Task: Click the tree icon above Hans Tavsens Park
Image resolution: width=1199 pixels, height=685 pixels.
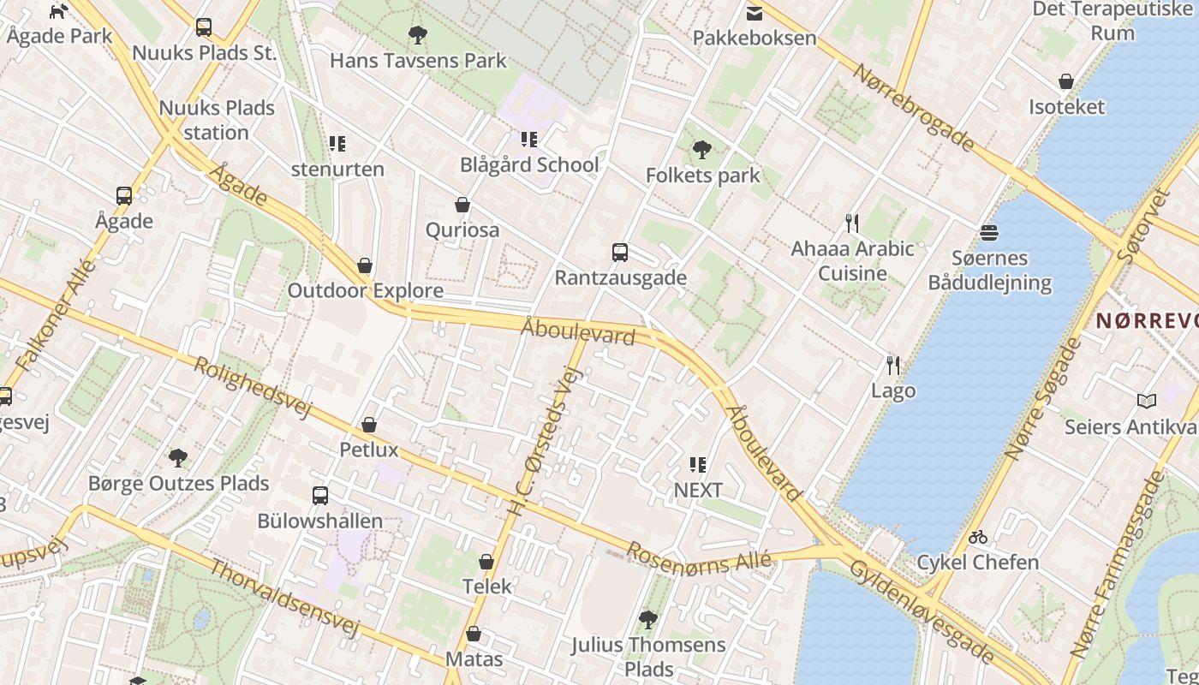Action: click(418, 35)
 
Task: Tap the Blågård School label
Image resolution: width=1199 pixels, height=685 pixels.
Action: click(529, 164)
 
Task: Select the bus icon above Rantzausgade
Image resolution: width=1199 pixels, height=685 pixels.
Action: click(620, 253)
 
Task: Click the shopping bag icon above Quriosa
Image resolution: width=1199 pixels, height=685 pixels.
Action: click(462, 205)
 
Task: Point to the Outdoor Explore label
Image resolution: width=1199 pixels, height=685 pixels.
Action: click(365, 290)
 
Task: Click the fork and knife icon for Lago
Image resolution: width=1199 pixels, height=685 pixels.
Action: click(893, 366)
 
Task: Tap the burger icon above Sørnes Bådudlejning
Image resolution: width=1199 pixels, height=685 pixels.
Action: click(989, 233)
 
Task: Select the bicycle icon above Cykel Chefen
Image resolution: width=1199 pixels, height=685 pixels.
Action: click(978, 538)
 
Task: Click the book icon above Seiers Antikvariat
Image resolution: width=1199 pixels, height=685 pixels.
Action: click(1147, 401)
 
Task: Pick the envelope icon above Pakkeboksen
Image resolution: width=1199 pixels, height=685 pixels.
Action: click(755, 13)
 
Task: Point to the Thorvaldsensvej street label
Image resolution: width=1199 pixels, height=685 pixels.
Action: click(284, 599)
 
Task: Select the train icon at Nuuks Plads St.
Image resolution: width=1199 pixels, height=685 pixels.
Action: click(204, 27)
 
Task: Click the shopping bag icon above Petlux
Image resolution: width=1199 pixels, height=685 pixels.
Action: click(369, 425)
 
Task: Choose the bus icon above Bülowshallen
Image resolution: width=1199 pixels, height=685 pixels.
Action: click(320, 496)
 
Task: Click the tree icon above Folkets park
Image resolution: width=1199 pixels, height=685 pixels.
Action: click(702, 151)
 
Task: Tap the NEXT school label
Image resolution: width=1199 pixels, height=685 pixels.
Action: click(698, 490)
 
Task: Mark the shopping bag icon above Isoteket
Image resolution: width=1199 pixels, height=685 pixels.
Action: click(1066, 82)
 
